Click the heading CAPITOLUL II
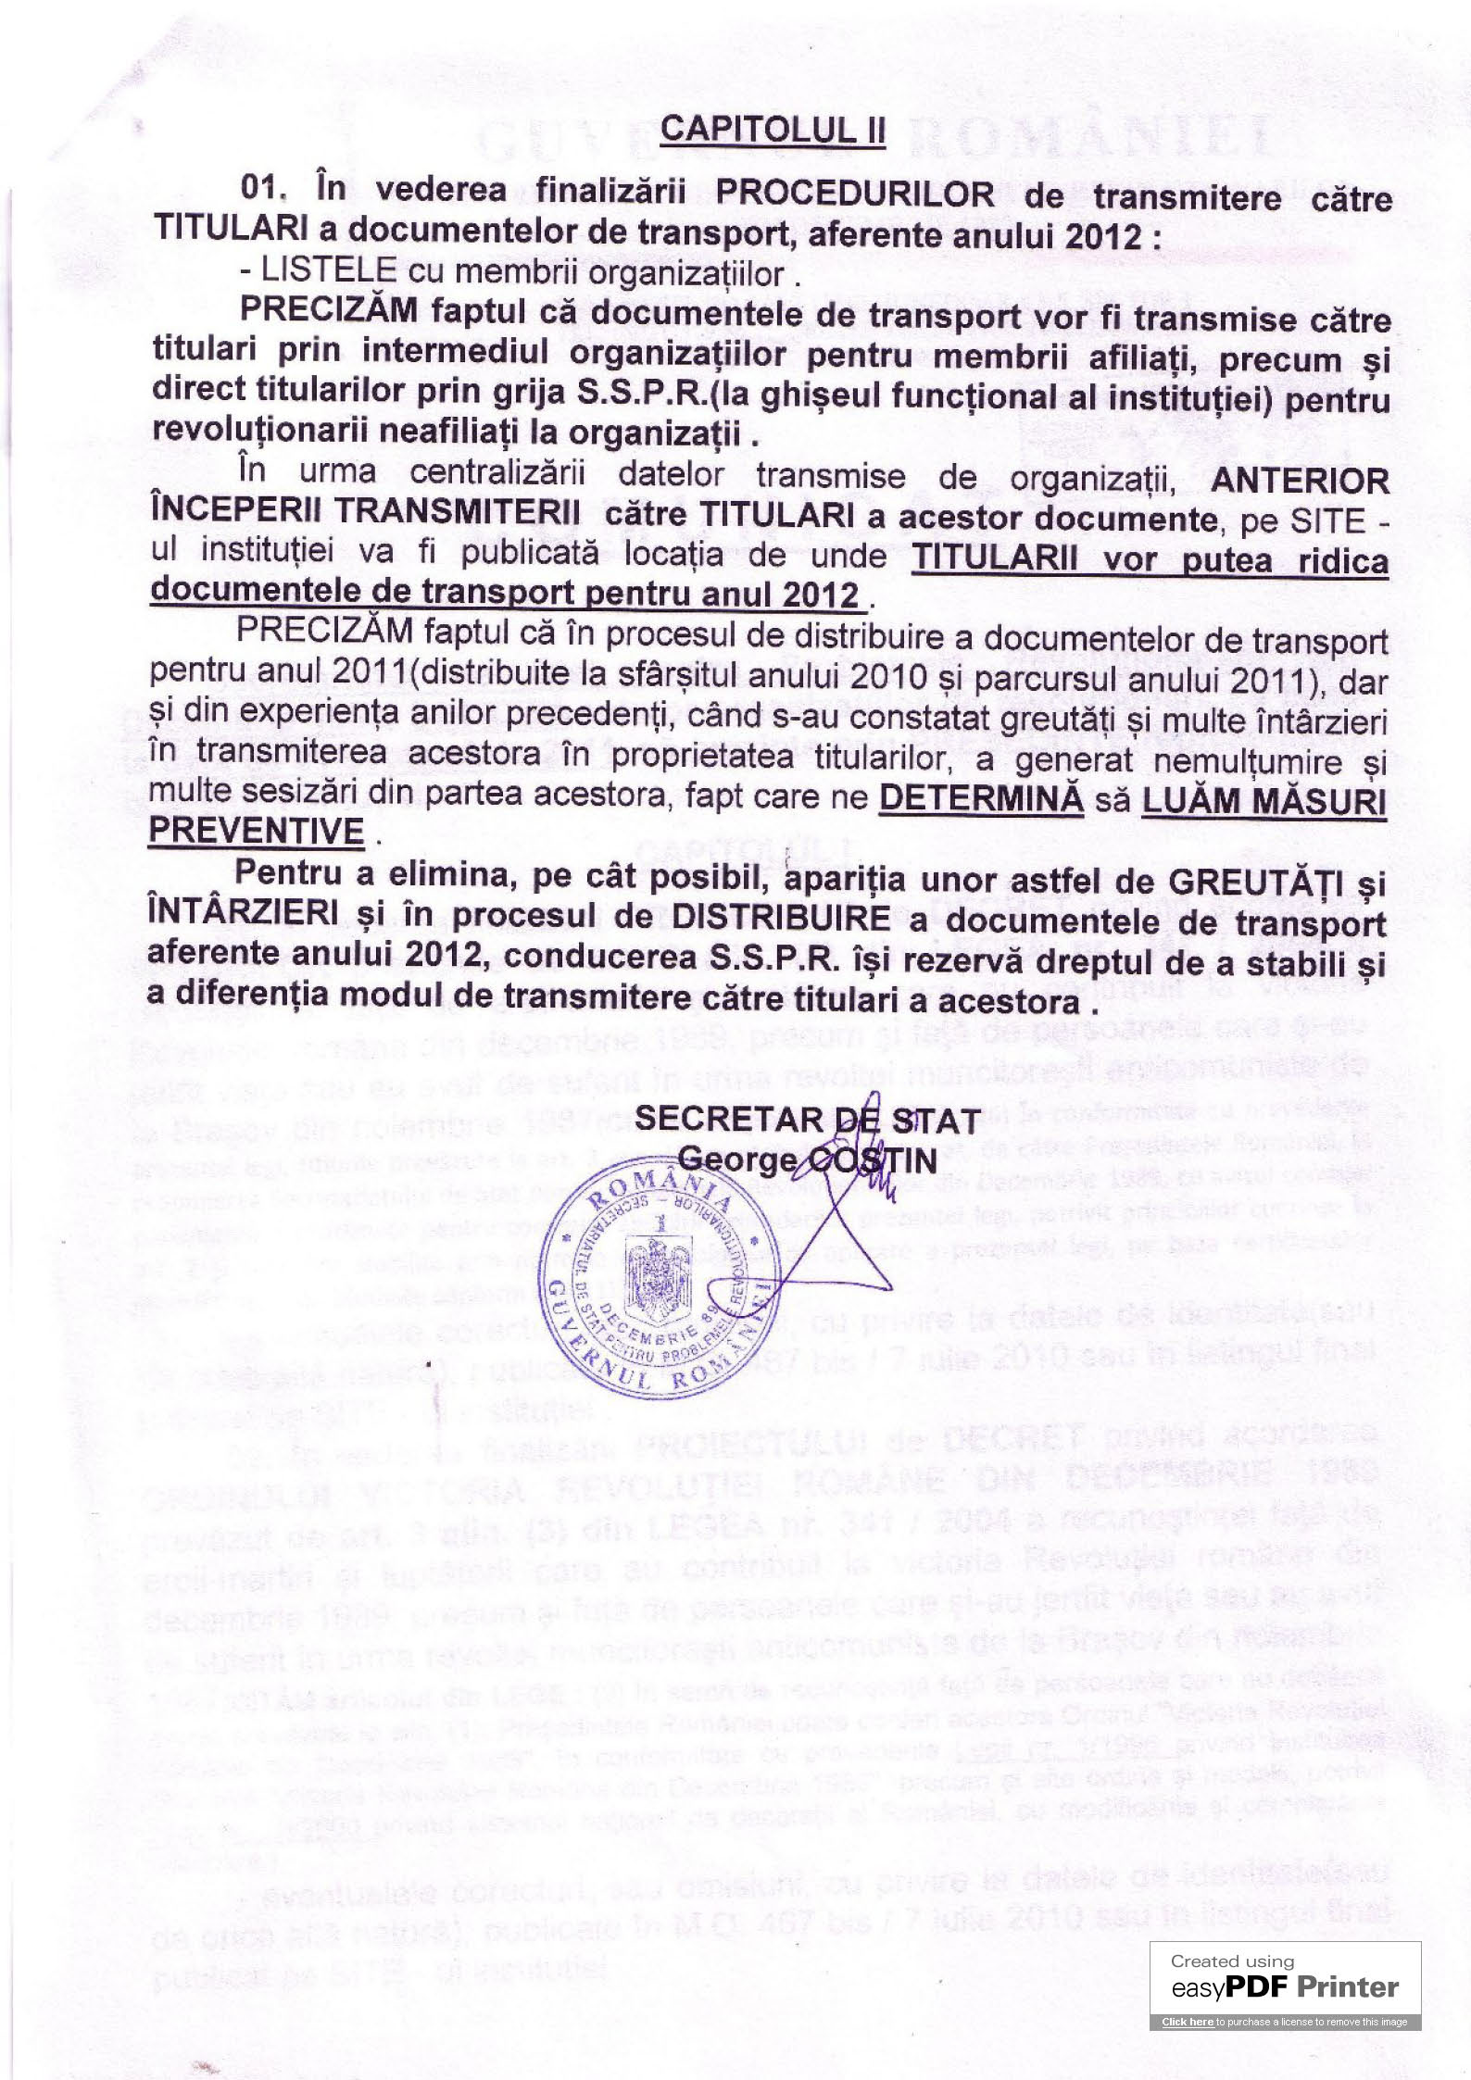pos(773,130)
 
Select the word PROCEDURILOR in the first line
pos(855,194)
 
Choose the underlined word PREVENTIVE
pos(257,831)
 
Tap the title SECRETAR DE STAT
pos(807,1120)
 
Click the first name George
pos(736,1159)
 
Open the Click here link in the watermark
pos(1188,2023)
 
